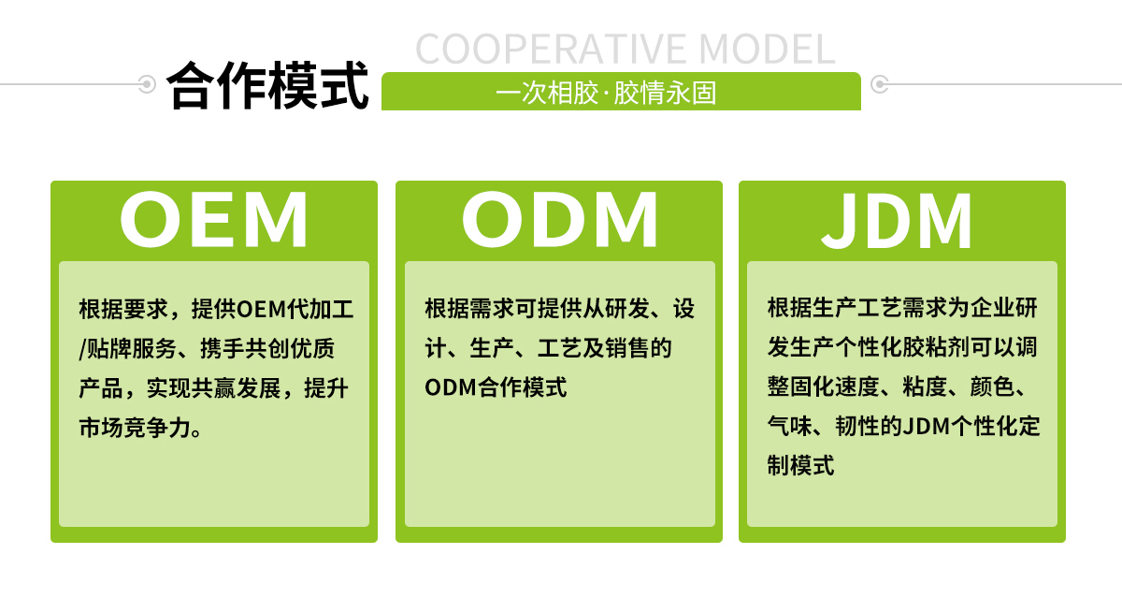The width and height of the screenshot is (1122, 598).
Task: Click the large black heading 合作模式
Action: coord(268,85)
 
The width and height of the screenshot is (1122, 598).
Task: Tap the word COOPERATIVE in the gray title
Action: coord(550,49)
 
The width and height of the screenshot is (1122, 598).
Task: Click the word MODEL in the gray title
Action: coord(767,49)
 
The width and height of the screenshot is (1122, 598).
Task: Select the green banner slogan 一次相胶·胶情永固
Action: coord(606,93)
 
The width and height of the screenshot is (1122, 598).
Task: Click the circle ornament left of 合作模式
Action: coord(147,83)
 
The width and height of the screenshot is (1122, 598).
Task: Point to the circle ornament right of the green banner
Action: coord(880,83)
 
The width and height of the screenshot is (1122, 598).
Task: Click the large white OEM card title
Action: coord(214,220)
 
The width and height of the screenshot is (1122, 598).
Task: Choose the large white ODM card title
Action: coord(559,220)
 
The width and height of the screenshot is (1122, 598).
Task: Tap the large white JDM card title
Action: coord(897,221)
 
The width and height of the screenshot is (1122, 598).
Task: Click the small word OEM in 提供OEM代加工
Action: coord(261,309)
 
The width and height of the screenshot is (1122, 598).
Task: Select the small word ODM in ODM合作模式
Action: coord(450,387)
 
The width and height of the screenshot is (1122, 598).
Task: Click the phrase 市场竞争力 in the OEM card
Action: coord(135,428)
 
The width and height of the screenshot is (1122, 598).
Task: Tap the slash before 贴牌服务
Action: coord(82,349)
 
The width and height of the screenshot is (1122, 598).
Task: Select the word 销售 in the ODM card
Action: coord(627,348)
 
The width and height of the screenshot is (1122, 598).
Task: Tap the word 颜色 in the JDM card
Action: coord(992,387)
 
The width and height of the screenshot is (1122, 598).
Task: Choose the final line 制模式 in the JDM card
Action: coord(801,466)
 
